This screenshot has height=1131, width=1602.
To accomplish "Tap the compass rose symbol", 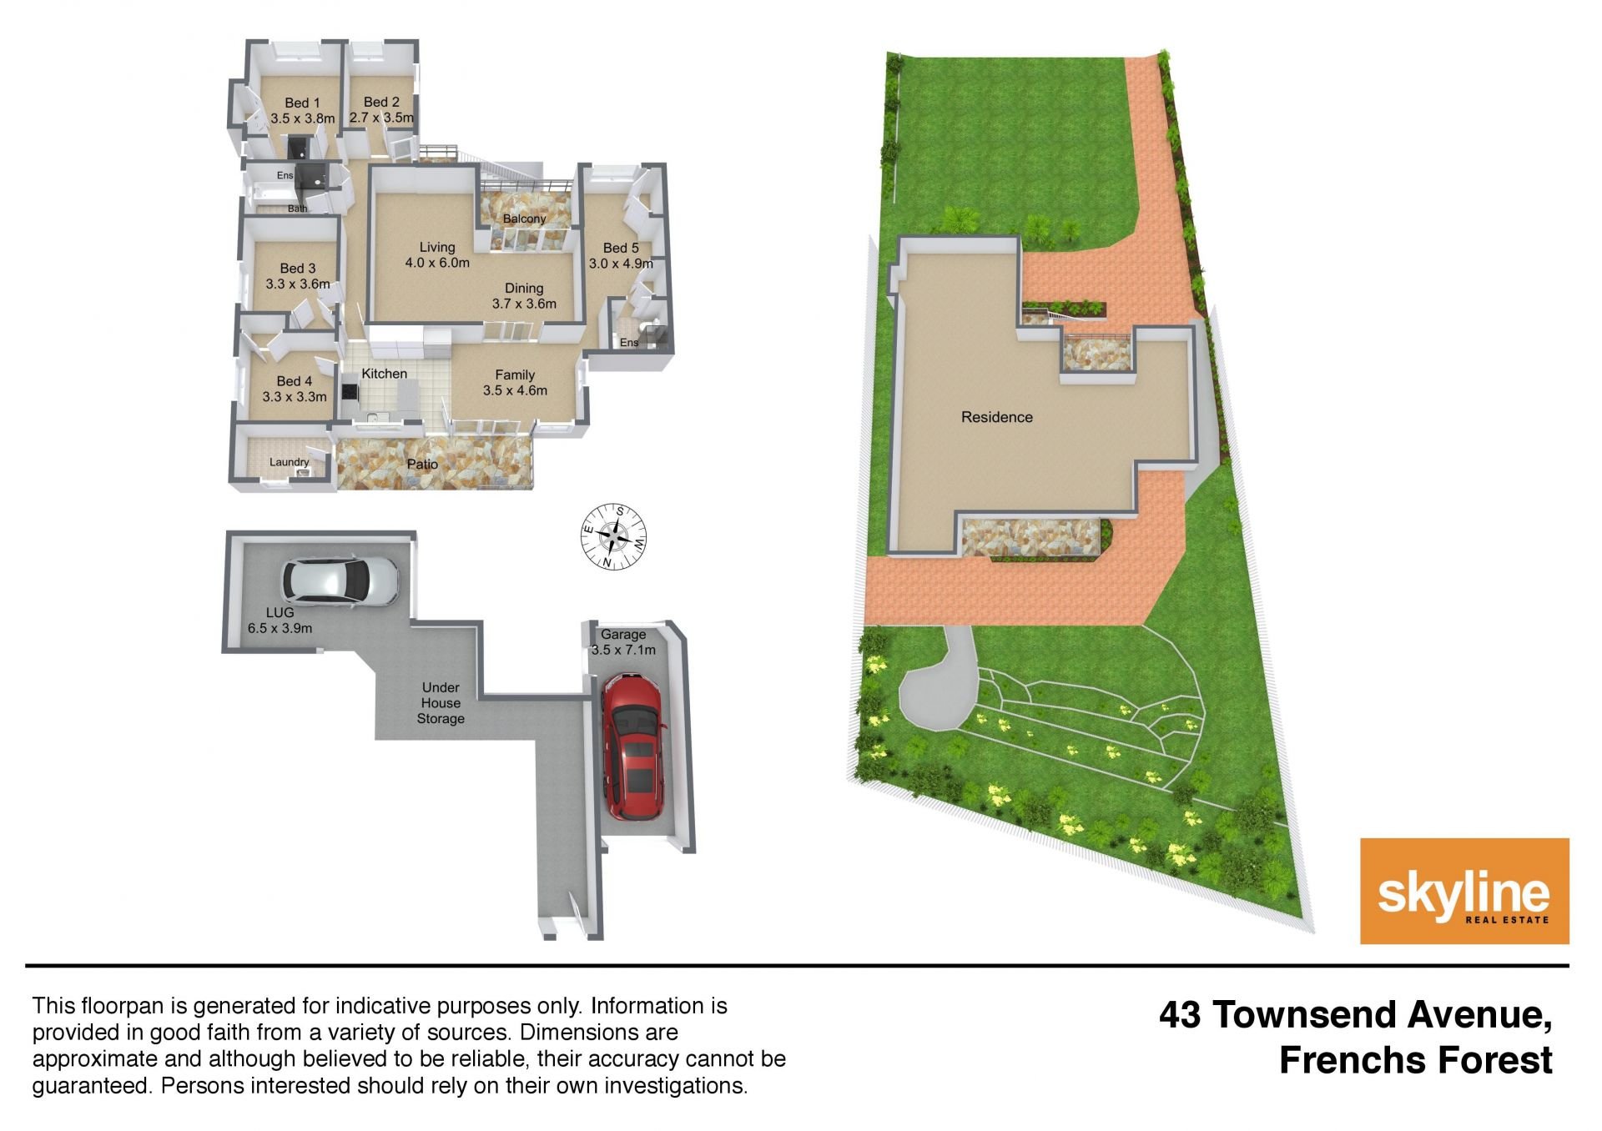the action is click(613, 537).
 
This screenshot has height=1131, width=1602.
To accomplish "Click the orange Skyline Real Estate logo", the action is click(1464, 891).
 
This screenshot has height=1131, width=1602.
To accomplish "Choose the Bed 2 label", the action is click(381, 103).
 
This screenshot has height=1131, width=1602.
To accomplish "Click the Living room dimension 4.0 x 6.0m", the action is click(437, 263).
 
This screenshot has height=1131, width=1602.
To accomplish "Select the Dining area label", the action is click(524, 288).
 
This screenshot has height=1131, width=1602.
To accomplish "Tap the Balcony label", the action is click(524, 219).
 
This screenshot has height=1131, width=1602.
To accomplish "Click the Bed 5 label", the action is click(621, 248).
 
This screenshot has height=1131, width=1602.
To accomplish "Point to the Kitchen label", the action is click(385, 374).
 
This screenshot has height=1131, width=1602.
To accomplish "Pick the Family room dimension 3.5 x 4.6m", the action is click(515, 390).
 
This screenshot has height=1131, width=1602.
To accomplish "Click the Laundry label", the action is click(290, 462).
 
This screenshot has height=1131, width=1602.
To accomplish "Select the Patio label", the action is click(422, 464).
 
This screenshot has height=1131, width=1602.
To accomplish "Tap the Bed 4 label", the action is click(295, 381).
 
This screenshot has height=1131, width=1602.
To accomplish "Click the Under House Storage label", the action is click(441, 702).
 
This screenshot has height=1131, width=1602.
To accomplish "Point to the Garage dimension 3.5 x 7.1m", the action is click(623, 650).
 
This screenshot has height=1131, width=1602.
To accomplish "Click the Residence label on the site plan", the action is click(996, 417).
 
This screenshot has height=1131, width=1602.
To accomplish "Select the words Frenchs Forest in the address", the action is click(1416, 1060).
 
